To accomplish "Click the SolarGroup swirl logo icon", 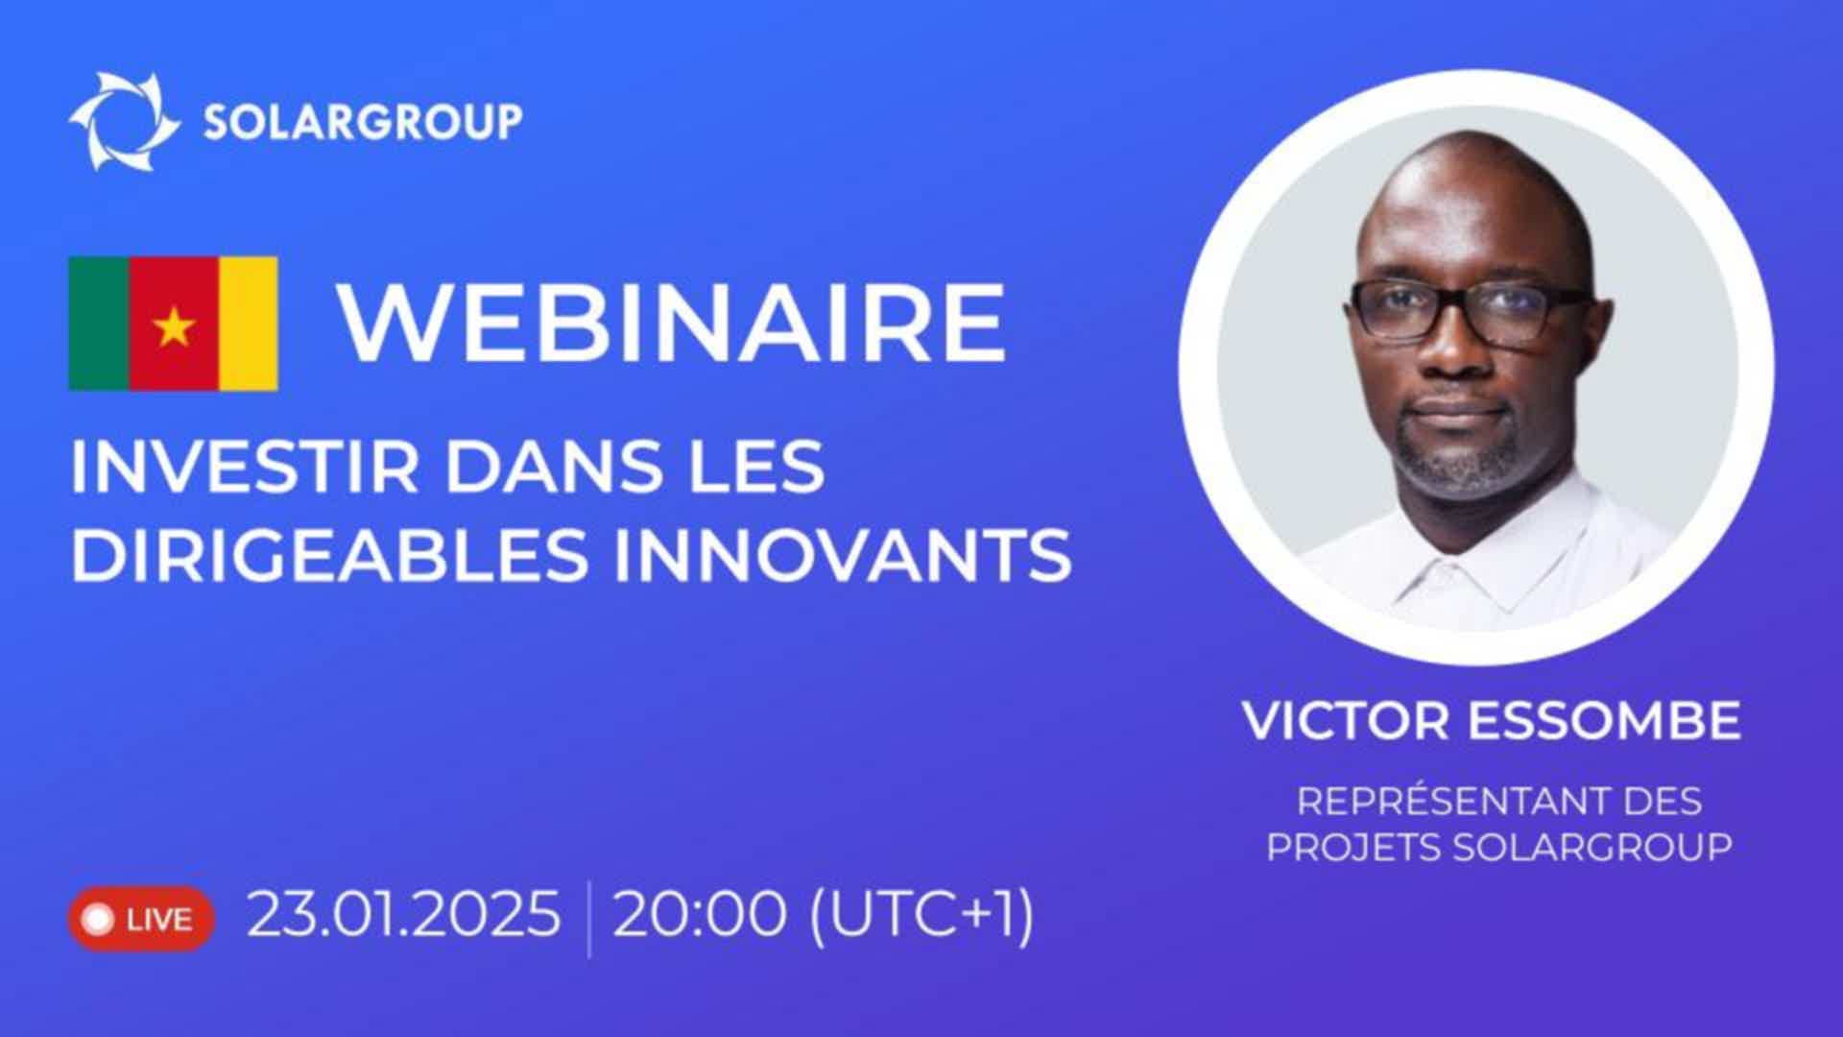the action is click(125, 122).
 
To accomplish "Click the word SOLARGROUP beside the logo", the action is click(363, 122).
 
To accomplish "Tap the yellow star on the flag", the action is click(174, 327).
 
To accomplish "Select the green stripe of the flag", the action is click(99, 324).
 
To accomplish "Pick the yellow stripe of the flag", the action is click(249, 324).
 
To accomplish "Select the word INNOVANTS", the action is click(842, 554).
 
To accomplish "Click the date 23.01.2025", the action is click(404, 913).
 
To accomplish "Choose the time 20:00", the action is click(700, 913).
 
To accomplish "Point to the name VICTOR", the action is click(1346, 720).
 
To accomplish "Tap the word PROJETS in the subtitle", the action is click(1353, 847).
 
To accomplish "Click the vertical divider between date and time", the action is click(587, 919).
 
